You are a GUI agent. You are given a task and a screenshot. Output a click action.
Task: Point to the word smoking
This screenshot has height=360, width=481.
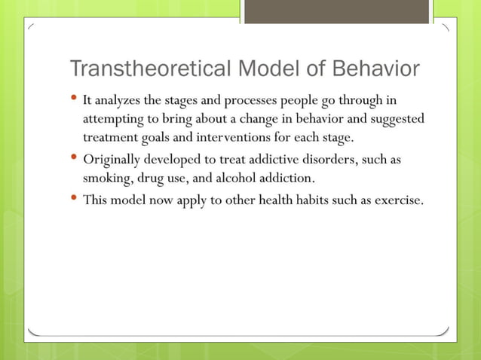(106, 179)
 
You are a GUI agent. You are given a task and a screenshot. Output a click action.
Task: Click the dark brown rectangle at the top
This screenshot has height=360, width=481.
(337, 11)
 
